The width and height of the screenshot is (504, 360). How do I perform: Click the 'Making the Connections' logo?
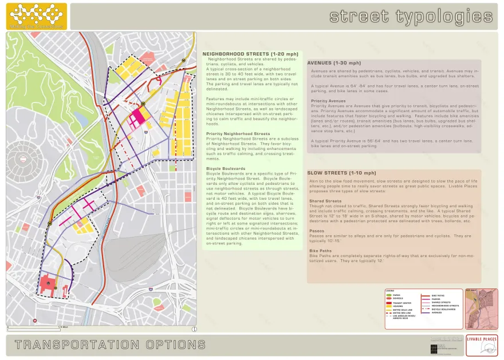pos(36,16)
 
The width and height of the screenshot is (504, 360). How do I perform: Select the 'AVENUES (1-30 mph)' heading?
pos(334,63)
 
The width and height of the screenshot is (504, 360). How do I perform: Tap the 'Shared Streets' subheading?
pos(325,201)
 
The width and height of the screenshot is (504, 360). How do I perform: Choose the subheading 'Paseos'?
pos(317,231)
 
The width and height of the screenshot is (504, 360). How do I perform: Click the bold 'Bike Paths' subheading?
pos(321,251)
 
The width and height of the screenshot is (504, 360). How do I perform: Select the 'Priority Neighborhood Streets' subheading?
pos(238,134)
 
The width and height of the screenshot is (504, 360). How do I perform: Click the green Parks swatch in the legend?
pos(388,295)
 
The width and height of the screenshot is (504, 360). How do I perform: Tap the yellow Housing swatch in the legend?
pos(388,306)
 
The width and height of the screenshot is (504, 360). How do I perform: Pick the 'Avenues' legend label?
pos(437,313)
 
